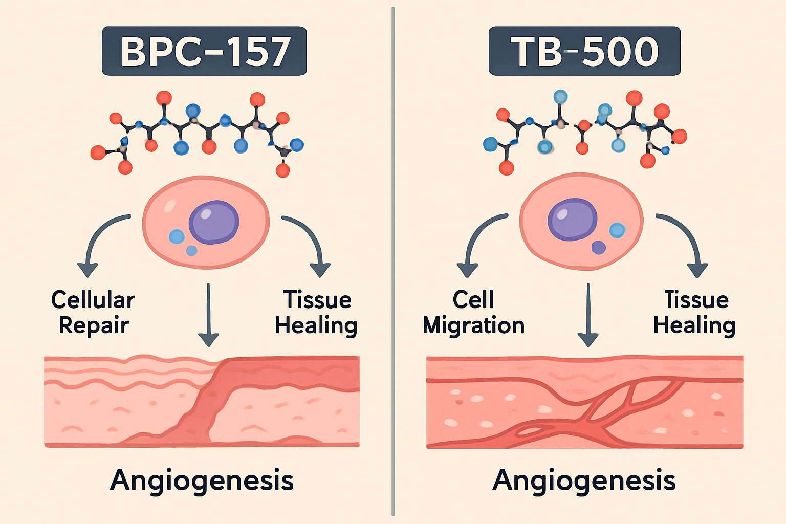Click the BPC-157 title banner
pos(204,51)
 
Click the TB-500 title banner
pos(584,51)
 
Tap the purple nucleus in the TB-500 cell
pos(573,219)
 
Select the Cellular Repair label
pos(93,313)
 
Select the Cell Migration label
pos(473,313)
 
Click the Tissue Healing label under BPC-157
pos(316,313)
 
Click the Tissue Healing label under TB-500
pos(695,313)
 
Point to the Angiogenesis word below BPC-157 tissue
pos(202,481)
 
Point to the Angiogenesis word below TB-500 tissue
pos(584,481)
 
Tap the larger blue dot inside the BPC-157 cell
pos(177,236)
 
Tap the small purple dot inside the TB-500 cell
pos(598,248)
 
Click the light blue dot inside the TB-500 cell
pos(617,230)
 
